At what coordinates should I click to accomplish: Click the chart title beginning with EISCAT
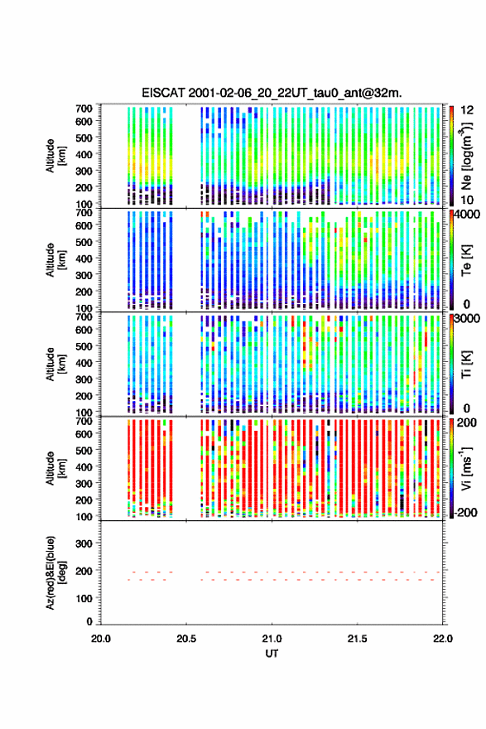click(272, 93)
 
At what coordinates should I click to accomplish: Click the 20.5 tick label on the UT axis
click(185, 639)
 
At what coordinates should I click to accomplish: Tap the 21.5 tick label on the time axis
click(357, 639)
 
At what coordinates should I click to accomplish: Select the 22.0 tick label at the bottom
click(442, 639)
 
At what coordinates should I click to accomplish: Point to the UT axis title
click(272, 654)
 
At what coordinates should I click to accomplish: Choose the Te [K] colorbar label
click(466, 260)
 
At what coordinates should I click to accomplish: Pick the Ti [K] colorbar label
click(466, 364)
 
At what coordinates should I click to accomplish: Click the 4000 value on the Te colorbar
click(468, 215)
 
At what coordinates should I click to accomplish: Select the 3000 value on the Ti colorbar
click(468, 319)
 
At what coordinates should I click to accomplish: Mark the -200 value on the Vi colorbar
click(465, 512)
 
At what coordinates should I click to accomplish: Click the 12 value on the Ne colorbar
click(468, 110)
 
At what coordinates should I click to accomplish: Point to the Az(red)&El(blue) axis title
click(55, 572)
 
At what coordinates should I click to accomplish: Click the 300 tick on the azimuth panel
click(84, 543)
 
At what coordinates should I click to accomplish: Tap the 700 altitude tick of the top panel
click(84, 109)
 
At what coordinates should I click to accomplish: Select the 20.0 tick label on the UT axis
click(101, 639)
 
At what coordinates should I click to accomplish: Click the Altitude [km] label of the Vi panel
click(55, 468)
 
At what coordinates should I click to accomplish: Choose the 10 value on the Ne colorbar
click(468, 200)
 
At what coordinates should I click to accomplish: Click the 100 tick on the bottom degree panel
click(84, 598)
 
